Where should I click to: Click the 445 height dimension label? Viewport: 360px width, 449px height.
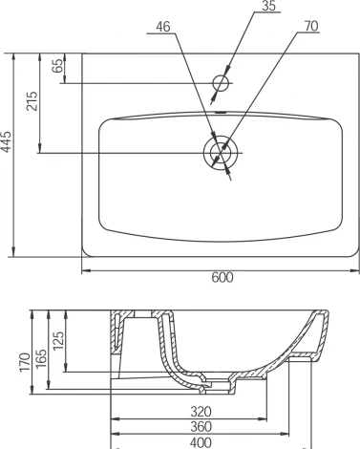click(x=7, y=141)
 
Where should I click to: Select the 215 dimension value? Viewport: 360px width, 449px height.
click(x=32, y=101)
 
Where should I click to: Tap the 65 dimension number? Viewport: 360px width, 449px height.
click(x=57, y=66)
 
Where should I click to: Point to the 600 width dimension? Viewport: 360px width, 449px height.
click(x=222, y=278)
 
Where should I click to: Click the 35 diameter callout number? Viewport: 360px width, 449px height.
click(x=268, y=6)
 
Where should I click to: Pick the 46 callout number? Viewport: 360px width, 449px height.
click(x=163, y=27)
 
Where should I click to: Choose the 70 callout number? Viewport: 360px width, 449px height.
click(x=311, y=26)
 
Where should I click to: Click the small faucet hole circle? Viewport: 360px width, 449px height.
click(x=221, y=83)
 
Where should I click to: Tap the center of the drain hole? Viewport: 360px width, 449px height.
click(x=221, y=153)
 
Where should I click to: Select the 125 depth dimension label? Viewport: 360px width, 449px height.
click(x=58, y=341)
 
